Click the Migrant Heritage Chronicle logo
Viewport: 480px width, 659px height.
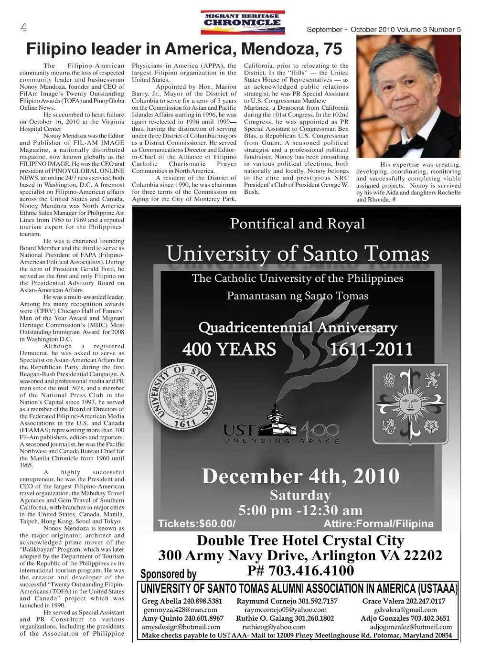click(243, 22)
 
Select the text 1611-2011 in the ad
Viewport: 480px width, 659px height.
click(372, 349)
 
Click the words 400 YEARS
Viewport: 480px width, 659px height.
click(229, 349)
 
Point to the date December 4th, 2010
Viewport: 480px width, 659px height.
click(300, 476)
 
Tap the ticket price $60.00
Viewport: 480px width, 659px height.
click(216, 524)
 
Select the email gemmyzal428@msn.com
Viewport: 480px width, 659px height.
click(181, 610)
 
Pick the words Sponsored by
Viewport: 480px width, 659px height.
click(168, 574)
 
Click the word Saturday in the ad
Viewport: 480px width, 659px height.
click(300, 495)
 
